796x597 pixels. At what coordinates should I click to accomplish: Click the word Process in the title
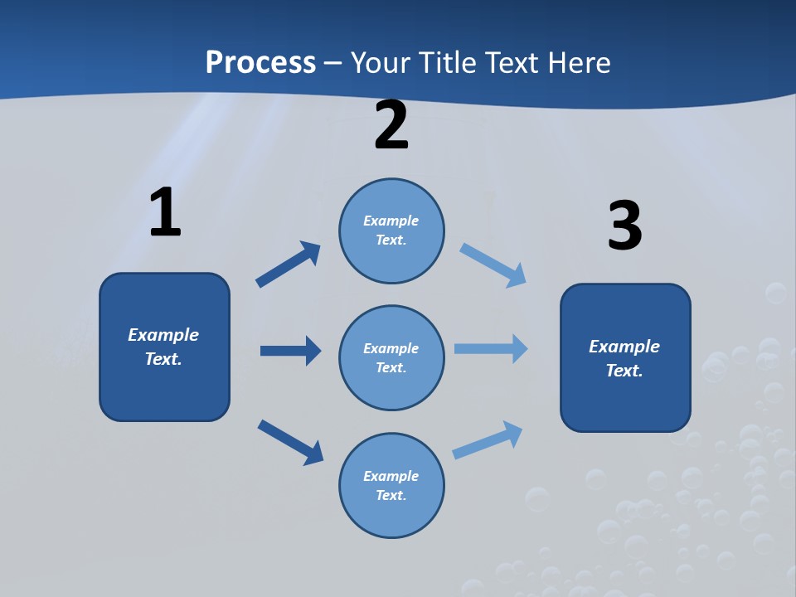260,62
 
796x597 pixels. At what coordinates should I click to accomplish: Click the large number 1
165,213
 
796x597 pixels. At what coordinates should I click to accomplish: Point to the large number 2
391,126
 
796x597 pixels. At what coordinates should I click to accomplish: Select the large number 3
624,226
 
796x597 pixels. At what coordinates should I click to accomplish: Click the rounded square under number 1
164,347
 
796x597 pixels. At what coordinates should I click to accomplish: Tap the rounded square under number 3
625,357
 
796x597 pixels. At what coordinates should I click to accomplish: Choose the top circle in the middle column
391,231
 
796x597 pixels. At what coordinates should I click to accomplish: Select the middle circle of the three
391,357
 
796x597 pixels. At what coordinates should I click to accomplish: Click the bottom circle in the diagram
391,485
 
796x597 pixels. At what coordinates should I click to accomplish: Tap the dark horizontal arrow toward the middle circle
290,351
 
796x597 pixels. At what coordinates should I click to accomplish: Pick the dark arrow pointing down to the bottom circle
290,441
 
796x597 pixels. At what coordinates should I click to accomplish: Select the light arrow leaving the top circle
493,265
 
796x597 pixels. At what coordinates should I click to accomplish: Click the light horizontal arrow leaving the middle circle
491,348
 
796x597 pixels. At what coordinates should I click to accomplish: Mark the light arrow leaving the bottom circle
488,439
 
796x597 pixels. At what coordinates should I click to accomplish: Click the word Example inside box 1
163,334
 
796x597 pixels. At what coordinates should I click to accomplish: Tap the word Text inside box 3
624,371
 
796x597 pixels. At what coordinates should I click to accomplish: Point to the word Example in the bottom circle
391,476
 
